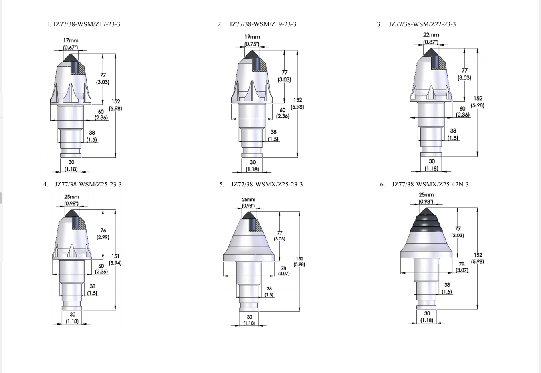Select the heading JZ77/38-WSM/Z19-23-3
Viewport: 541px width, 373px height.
(x=263, y=24)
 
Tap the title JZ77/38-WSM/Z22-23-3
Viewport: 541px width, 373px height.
(x=422, y=24)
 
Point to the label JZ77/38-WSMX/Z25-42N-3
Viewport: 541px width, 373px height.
(x=430, y=185)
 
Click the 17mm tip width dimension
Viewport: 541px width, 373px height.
(x=71, y=41)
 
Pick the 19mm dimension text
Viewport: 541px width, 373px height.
(x=252, y=37)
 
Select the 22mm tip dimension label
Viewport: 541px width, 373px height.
(x=431, y=35)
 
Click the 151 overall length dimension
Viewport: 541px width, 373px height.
(x=115, y=256)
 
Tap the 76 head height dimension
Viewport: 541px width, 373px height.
(x=103, y=230)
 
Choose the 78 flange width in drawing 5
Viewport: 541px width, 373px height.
(x=283, y=268)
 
